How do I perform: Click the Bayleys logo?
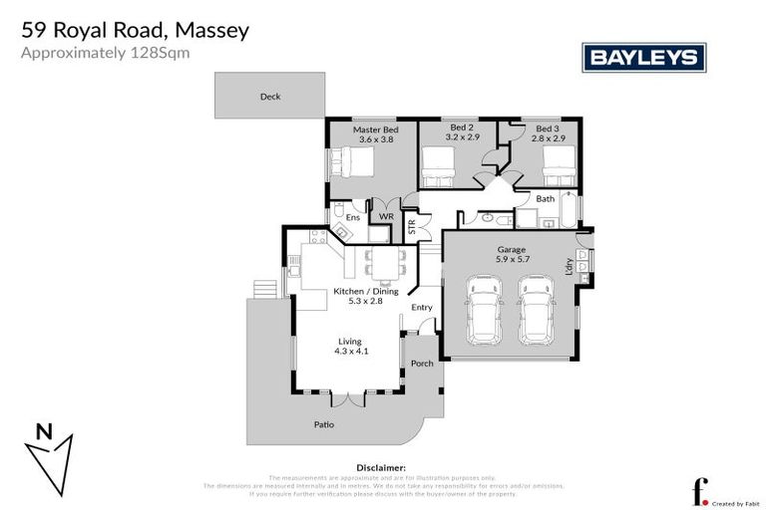click(x=643, y=58)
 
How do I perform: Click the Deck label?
click(x=269, y=97)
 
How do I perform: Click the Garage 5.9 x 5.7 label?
click(x=511, y=255)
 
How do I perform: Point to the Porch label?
click(x=422, y=364)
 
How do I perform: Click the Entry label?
click(x=421, y=308)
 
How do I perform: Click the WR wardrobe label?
click(x=386, y=217)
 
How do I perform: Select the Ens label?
click(x=353, y=217)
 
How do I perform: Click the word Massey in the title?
click(x=204, y=30)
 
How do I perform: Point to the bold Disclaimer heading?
click(x=381, y=466)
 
